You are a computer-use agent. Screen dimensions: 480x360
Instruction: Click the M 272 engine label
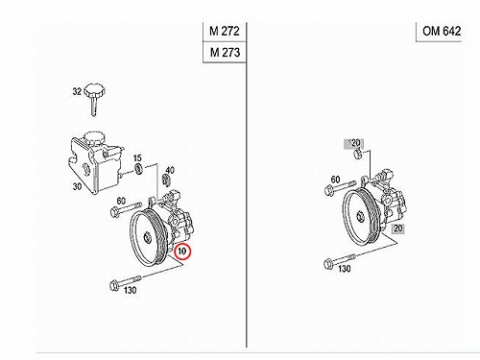pyautogui.click(x=225, y=31)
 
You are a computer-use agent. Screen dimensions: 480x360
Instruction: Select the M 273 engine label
pyautogui.click(x=225, y=52)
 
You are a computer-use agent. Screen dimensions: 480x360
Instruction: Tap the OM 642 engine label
pyautogui.click(x=442, y=31)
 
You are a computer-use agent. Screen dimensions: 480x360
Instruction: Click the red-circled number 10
pyautogui.click(x=182, y=252)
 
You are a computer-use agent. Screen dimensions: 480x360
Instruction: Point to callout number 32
pyautogui.click(x=77, y=91)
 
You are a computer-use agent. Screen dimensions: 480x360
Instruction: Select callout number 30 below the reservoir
pyautogui.click(x=77, y=186)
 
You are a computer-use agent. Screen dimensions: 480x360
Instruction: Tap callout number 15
pyautogui.click(x=137, y=157)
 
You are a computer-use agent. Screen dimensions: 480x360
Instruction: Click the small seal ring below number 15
pyautogui.click(x=139, y=169)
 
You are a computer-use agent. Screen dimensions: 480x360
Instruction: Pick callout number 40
pyautogui.click(x=170, y=170)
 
